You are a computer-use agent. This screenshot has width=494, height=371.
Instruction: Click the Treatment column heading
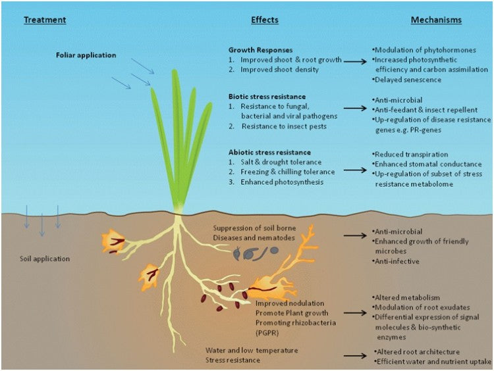45,20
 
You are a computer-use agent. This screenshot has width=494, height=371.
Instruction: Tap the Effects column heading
264,20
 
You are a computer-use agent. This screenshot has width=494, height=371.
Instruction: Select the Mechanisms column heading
436,20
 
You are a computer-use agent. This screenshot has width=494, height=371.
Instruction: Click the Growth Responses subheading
260,50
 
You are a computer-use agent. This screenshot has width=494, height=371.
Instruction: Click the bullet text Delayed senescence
408,79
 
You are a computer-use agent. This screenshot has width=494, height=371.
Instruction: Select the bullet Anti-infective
398,260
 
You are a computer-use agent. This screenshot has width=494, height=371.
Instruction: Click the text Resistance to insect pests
283,125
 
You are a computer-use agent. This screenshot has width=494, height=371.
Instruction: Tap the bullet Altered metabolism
408,298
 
